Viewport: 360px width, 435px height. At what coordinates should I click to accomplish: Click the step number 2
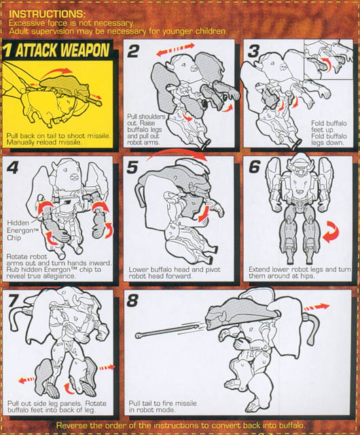click(x=133, y=52)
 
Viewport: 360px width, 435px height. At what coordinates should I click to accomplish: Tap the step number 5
click(x=132, y=167)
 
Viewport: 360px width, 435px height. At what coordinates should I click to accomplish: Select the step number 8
click(x=132, y=300)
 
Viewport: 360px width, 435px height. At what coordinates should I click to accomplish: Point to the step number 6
click(x=254, y=167)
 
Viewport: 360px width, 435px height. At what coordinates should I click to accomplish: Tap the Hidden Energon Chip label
click(x=18, y=230)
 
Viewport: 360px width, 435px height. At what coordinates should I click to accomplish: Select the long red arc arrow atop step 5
click(x=177, y=152)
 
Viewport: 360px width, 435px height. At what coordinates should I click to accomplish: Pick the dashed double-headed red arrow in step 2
click(x=175, y=50)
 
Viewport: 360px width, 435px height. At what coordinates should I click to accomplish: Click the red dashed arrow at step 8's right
click(x=317, y=307)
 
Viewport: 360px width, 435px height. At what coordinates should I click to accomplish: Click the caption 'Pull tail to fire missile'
click(x=162, y=403)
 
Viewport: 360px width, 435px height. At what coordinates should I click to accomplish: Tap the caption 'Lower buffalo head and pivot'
click(x=175, y=269)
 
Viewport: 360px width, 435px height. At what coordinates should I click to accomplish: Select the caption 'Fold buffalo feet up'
click(x=329, y=126)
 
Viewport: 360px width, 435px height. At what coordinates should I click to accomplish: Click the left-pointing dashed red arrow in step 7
click(x=26, y=380)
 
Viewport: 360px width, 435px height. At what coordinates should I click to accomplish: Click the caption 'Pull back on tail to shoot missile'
click(x=58, y=136)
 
